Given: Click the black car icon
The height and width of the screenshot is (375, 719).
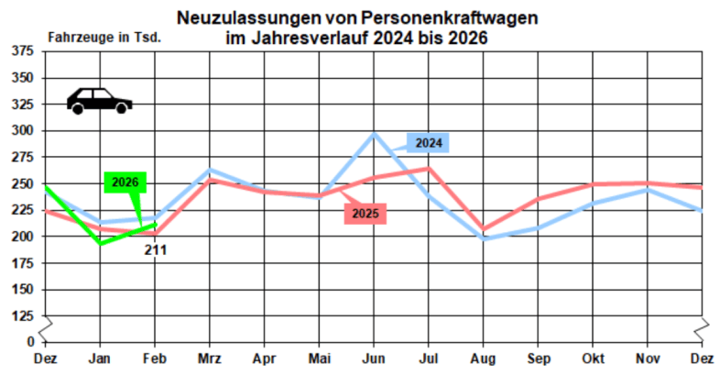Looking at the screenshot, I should coord(99,100).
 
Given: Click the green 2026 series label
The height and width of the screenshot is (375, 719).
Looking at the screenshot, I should coord(125,182).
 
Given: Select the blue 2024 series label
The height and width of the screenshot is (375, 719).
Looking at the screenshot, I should coord(429,143).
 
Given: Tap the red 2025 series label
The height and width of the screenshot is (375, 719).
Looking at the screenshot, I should coord(365,214).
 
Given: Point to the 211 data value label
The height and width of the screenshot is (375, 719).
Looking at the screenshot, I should coord(154,248).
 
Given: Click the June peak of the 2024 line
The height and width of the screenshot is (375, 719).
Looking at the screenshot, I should coord(374,134).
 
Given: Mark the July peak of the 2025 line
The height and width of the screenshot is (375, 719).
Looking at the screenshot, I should coord(429,168).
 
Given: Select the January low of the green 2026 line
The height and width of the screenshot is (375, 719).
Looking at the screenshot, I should coord(100,243).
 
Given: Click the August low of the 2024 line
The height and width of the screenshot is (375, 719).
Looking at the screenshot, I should coord(484,238).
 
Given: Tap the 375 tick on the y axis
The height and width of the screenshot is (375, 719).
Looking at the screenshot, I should coord(22,51).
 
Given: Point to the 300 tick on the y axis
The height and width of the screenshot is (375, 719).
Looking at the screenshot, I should coord(22,131).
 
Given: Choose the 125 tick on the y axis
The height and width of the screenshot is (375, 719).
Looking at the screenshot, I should coord(22,315).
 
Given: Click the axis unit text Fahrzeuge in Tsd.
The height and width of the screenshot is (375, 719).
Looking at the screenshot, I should coord(104,38).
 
